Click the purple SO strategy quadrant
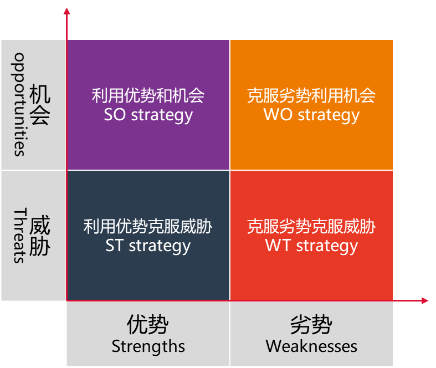coord(148,67)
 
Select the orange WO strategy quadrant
coord(311,67)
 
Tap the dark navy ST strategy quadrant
coord(148,272)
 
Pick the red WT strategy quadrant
coord(311,272)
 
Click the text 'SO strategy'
coord(148,115)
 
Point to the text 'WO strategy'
coord(311,115)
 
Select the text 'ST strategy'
coord(148,246)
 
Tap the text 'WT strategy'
coord(311,246)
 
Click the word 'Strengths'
coord(148,347)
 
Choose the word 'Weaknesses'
coord(311,347)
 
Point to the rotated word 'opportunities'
coord(20,104)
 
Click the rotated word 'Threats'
coord(20,236)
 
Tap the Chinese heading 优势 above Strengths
coord(148,325)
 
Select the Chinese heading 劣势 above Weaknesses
coord(311,325)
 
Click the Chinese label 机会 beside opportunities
coord(40,104)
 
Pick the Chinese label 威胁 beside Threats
coord(40,236)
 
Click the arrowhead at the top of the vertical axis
coord(66,11)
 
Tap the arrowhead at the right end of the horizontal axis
coord(425,300)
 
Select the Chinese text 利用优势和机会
coord(148,96)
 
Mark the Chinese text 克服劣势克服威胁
coord(311,226)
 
